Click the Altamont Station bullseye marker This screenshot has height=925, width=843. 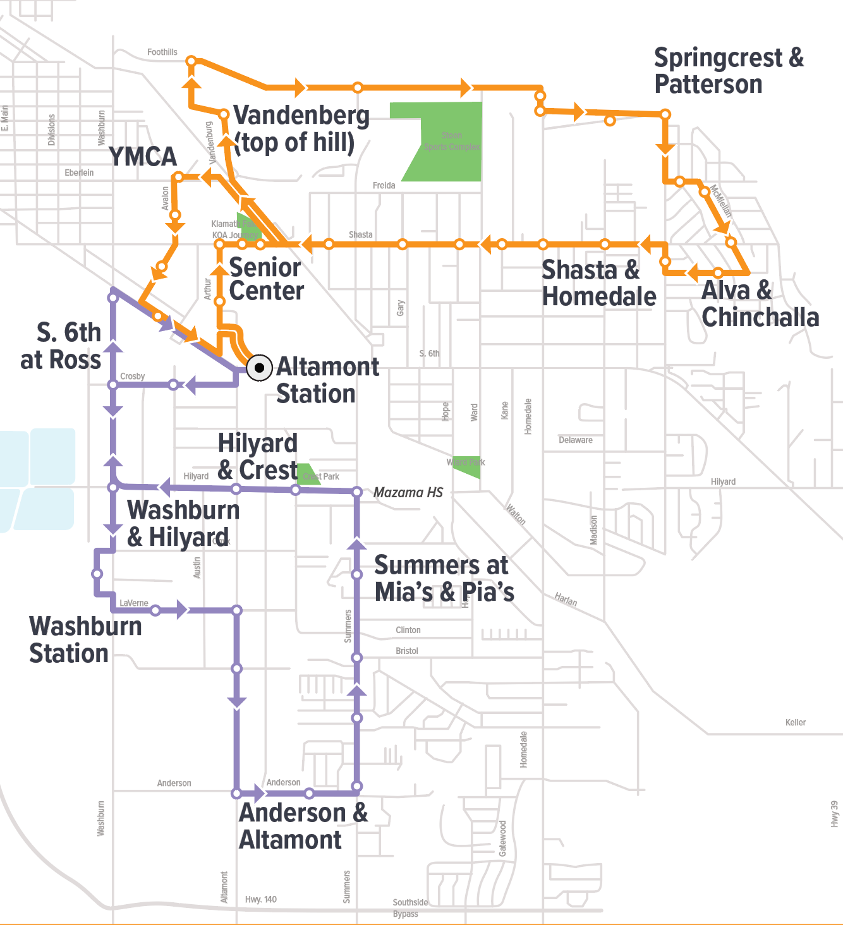[x=259, y=368]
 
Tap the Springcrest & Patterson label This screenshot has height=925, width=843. [x=728, y=71]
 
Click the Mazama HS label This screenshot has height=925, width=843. [x=408, y=492]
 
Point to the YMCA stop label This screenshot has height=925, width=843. [x=143, y=157]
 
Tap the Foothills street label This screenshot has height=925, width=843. [x=162, y=52]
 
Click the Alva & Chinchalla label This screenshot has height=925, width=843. [x=759, y=304]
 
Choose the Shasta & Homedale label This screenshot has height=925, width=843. [x=598, y=283]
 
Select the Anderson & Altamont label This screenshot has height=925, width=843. [x=303, y=826]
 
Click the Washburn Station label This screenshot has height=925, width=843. [x=85, y=639]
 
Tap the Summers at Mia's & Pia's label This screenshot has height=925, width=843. [x=444, y=578]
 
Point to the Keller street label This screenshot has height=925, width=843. [x=795, y=722]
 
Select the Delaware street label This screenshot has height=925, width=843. [x=575, y=440]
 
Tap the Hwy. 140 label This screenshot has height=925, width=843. [x=260, y=899]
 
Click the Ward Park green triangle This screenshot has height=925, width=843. [x=469, y=466]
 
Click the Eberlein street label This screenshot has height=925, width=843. [x=79, y=172]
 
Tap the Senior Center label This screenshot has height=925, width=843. [x=266, y=279]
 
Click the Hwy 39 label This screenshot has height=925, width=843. [x=834, y=814]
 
